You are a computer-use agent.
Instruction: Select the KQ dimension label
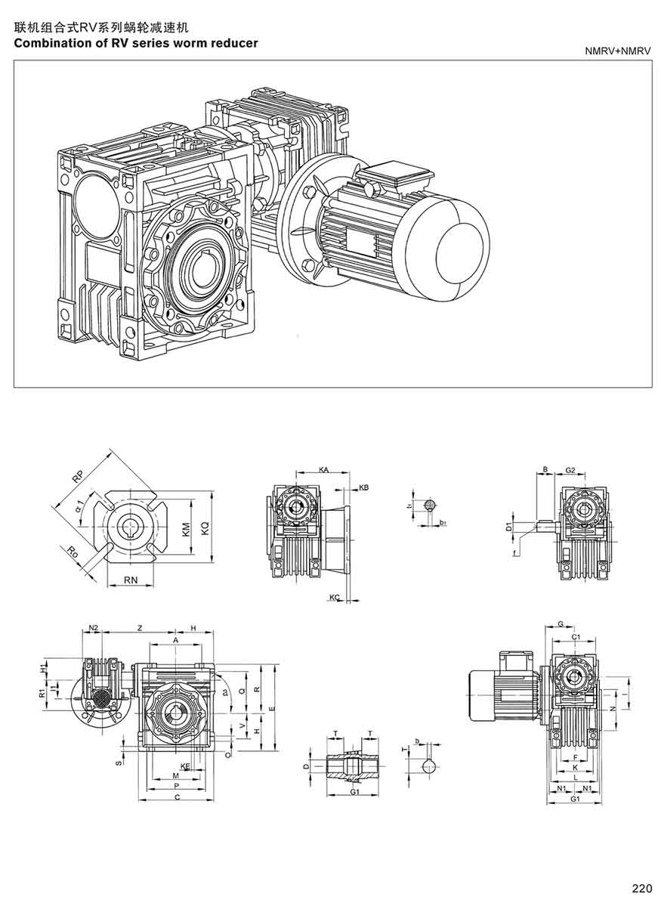(205, 530)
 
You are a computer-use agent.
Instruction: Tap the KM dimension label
(187, 530)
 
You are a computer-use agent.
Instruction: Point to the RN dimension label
(129, 580)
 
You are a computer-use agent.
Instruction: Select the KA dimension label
(323, 470)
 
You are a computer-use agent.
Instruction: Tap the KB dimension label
(363, 487)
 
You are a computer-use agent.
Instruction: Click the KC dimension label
(335, 598)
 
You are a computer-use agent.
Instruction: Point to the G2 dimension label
(570, 470)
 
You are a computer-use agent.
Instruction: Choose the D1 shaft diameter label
(509, 525)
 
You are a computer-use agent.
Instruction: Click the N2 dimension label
(94, 628)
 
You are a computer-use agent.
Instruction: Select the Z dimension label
(140, 628)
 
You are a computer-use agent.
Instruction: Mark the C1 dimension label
(576, 638)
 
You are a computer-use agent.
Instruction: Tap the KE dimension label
(185, 765)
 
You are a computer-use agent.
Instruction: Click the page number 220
(641, 888)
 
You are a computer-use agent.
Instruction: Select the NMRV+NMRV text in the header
(617, 51)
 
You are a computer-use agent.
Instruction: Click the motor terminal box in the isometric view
(394, 178)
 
